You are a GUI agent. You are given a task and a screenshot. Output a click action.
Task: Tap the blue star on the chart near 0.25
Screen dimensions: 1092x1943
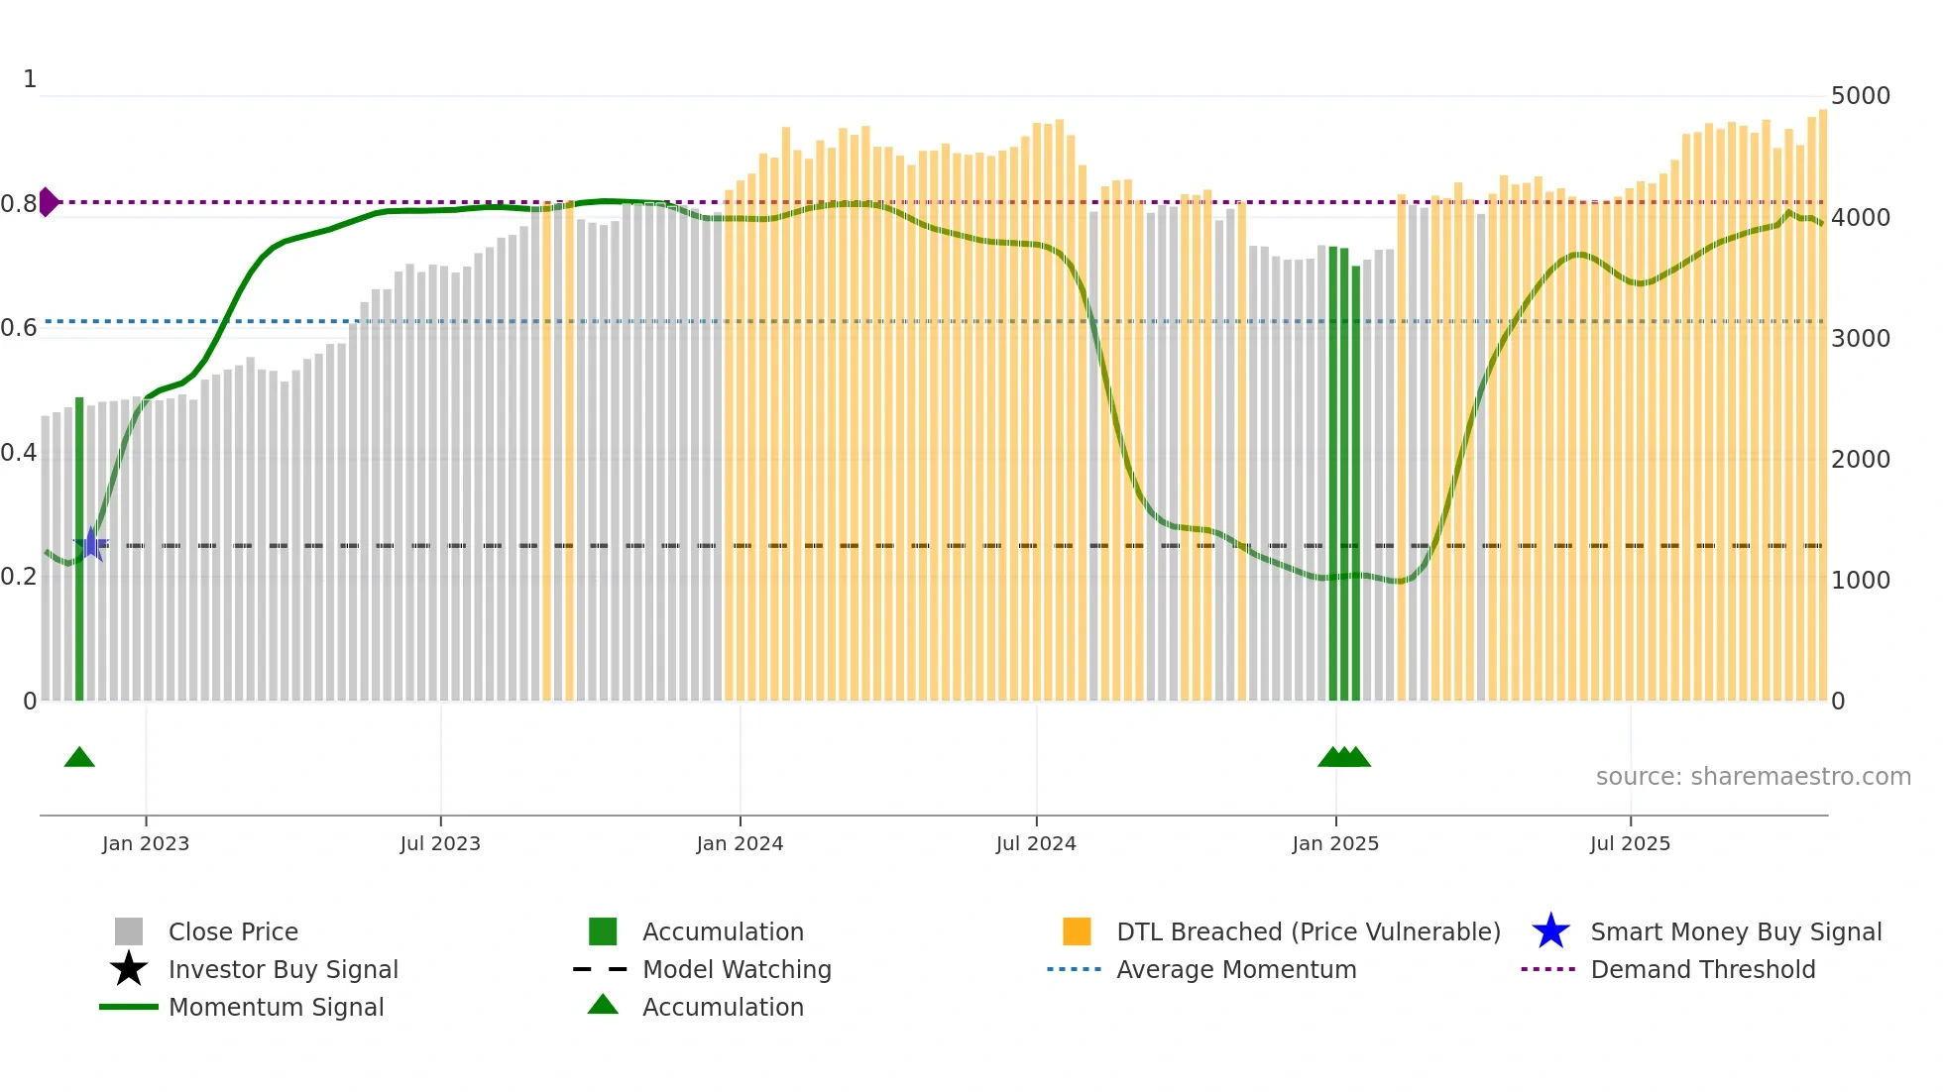tap(91, 544)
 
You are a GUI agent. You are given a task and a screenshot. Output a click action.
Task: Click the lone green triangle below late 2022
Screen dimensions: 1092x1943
tap(79, 758)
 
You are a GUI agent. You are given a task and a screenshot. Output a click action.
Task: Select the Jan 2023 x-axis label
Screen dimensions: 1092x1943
tap(146, 844)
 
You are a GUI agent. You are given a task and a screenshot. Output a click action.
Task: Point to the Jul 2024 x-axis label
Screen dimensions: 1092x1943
tap(1036, 844)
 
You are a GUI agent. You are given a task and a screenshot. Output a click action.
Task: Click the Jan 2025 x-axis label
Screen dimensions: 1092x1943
tap(1335, 844)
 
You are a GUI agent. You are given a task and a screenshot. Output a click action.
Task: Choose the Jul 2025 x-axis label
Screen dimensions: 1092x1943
tap(1630, 844)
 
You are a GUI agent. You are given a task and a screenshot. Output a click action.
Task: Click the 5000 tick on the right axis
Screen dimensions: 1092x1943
tap(1860, 96)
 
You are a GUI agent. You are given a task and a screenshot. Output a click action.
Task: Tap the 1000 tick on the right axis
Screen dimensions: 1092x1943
tap(1860, 581)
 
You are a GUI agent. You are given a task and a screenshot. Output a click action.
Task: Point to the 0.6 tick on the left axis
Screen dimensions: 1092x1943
tap(19, 328)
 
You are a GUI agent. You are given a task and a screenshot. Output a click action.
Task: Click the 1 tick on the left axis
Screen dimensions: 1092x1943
tap(30, 79)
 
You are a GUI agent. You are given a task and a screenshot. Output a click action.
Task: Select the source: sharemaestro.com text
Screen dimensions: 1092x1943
tap(1753, 777)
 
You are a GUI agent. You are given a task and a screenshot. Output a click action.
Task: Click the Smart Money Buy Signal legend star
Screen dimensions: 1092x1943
tap(1550, 931)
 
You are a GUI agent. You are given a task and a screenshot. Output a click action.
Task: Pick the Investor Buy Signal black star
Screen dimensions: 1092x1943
tap(129, 969)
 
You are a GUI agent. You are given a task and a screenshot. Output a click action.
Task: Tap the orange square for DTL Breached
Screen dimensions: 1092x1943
tap(1077, 931)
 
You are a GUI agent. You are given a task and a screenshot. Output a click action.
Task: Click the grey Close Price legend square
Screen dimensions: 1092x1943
tap(129, 931)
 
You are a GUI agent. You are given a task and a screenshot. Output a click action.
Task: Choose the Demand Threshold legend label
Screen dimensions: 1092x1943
tap(1702, 969)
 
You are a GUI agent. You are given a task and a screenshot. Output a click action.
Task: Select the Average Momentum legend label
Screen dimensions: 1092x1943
tap(1236, 969)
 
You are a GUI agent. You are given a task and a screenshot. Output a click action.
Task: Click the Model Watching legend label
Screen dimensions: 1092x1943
tap(737, 969)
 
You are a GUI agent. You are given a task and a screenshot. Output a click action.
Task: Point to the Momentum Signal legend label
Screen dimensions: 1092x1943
tap(276, 1007)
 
